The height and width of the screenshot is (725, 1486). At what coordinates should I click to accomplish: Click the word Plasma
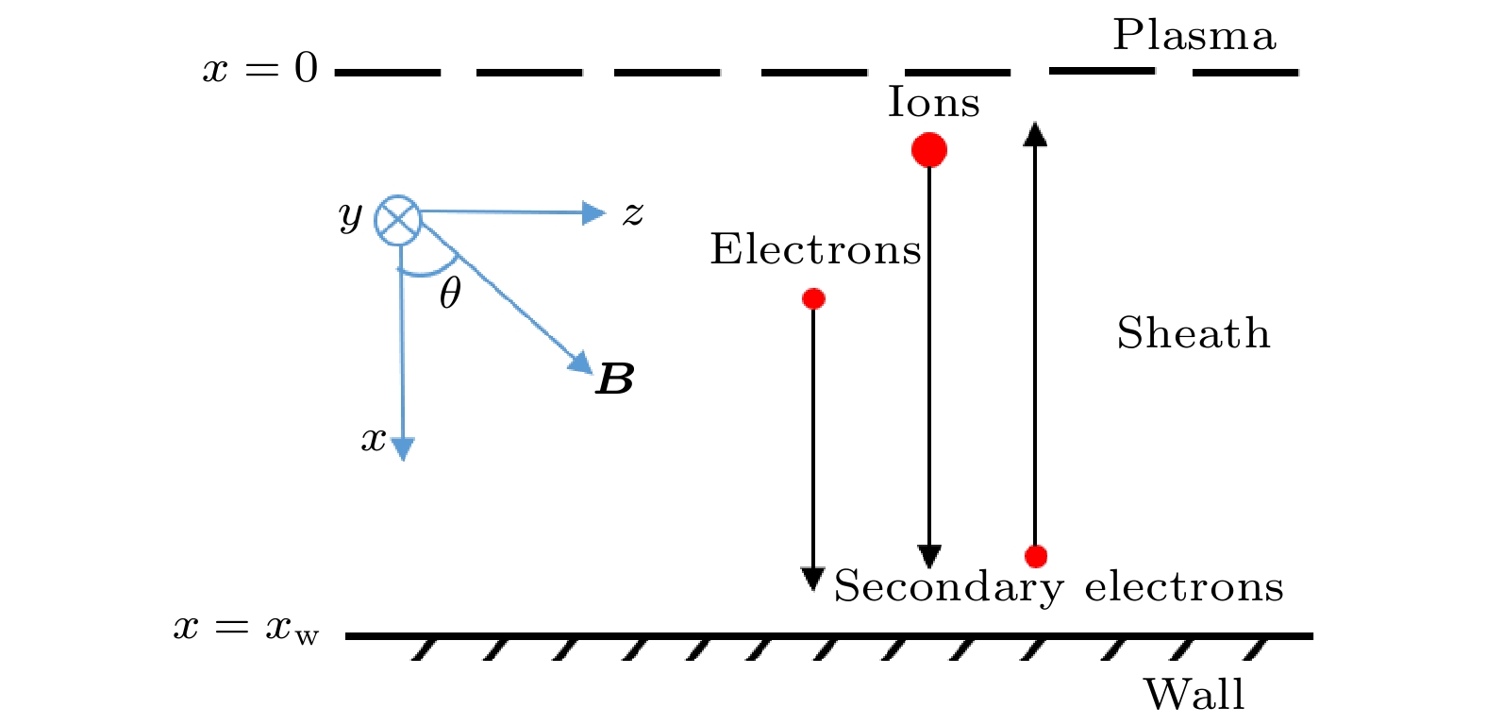pyautogui.click(x=1194, y=36)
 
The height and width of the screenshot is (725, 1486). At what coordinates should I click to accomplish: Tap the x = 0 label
pyautogui.click(x=260, y=69)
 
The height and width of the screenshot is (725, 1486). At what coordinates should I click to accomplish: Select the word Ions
pyautogui.click(x=933, y=102)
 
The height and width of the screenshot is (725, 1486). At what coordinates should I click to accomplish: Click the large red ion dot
pyautogui.click(x=929, y=149)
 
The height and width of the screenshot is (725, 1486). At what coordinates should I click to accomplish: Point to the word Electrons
pyautogui.click(x=815, y=250)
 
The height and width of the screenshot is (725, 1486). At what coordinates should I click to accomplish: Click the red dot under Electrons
pyautogui.click(x=813, y=299)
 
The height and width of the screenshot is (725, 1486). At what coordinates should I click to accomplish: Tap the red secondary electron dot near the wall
pyautogui.click(x=1036, y=556)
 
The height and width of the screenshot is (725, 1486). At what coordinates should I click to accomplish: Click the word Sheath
pyautogui.click(x=1194, y=333)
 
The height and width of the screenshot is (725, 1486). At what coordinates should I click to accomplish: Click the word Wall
pyautogui.click(x=1194, y=695)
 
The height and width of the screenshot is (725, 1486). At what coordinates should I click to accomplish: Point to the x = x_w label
pyautogui.click(x=246, y=628)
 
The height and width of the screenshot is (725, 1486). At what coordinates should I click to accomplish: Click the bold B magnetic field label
pyautogui.click(x=615, y=379)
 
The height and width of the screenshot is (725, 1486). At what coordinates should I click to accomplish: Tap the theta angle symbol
pyautogui.click(x=450, y=294)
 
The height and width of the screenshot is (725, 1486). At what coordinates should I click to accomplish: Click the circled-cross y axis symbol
pyautogui.click(x=398, y=220)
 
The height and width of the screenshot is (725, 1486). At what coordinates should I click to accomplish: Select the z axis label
pyautogui.click(x=632, y=214)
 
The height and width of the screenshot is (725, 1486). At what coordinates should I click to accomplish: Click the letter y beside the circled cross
pyautogui.click(x=350, y=216)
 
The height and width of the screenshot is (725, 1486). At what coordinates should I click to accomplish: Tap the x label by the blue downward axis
pyautogui.click(x=374, y=439)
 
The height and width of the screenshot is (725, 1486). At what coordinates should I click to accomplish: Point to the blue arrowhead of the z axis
pyautogui.click(x=594, y=213)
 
